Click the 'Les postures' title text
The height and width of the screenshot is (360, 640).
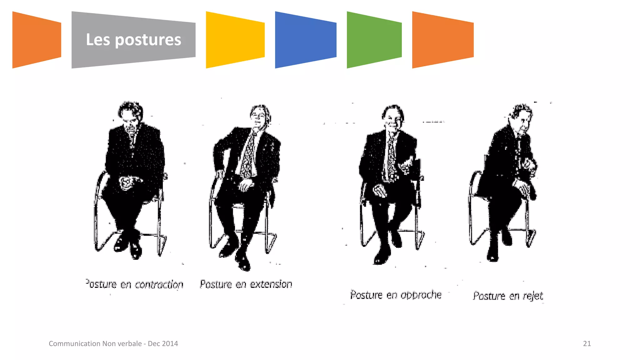point(133,40)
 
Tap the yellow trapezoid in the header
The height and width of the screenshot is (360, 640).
point(235,40)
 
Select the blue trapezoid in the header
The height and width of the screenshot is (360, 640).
point(305,40)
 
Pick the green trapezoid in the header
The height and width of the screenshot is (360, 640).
point(374,40)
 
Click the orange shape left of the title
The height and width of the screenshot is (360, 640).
point(36,40)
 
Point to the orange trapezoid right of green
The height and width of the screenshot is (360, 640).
point(442,40)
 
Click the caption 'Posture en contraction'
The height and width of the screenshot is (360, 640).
point(134,284)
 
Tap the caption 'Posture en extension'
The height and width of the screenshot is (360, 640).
point(246,284)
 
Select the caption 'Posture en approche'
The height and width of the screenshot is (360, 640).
point(396,295)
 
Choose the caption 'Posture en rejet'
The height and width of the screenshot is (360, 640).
point(508,296)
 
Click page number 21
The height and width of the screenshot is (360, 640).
point(587,344)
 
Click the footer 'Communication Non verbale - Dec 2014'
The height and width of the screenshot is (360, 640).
point(113,344)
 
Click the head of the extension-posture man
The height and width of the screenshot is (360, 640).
point(259,116)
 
